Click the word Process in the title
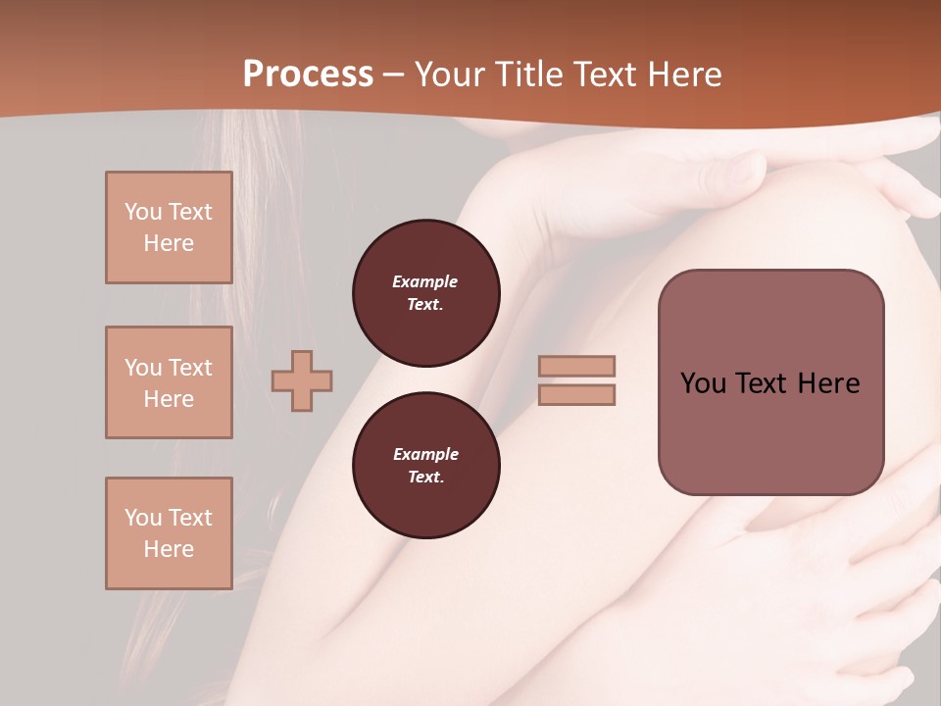point(308,75)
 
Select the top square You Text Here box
point(169,227)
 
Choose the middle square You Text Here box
point(169,382)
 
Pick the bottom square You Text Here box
point(169,533)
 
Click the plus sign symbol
point(302,380)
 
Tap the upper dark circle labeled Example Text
point(425,293)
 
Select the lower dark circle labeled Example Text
point(425,466)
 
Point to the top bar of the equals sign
point(577,366)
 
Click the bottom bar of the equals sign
point(577,394)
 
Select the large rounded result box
point(770,382)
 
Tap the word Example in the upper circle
point(425,281)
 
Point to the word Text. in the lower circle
point(425,478)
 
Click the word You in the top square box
point(143,212)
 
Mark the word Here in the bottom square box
point(169,549)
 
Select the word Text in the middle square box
point(190,368)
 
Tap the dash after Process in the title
point(394,76)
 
